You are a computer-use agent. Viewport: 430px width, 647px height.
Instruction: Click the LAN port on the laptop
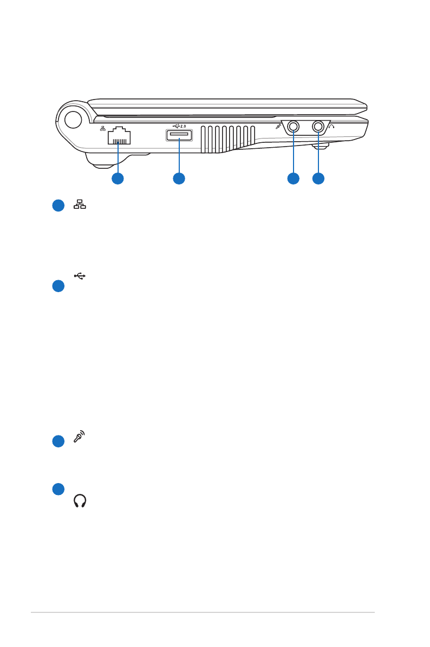(x=119, y=136)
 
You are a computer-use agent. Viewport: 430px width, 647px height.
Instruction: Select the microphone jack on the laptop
(x=294, y=127)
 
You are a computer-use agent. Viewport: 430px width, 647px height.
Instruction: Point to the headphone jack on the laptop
(x=318, y=127)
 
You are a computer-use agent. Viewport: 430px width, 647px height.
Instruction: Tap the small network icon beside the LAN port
(x=102, y=129)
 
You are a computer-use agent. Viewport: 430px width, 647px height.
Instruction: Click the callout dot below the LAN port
(x=118, y=178)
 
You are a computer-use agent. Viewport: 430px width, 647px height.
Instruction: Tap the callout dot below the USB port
(x=179, y=178)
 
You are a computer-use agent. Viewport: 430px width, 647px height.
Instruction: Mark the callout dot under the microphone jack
(x=294, y=178)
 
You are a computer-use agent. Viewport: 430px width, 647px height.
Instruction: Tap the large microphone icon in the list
(x=80, y=437)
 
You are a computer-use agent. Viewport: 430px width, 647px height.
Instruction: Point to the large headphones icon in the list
(x=80, y=501)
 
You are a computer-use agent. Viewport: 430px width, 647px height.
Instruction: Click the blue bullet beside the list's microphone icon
(x=58, y=441)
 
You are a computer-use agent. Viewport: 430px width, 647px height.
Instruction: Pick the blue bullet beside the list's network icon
(x=58, y=206)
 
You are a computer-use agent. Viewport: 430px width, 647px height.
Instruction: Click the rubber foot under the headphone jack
(x=321, y=146)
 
